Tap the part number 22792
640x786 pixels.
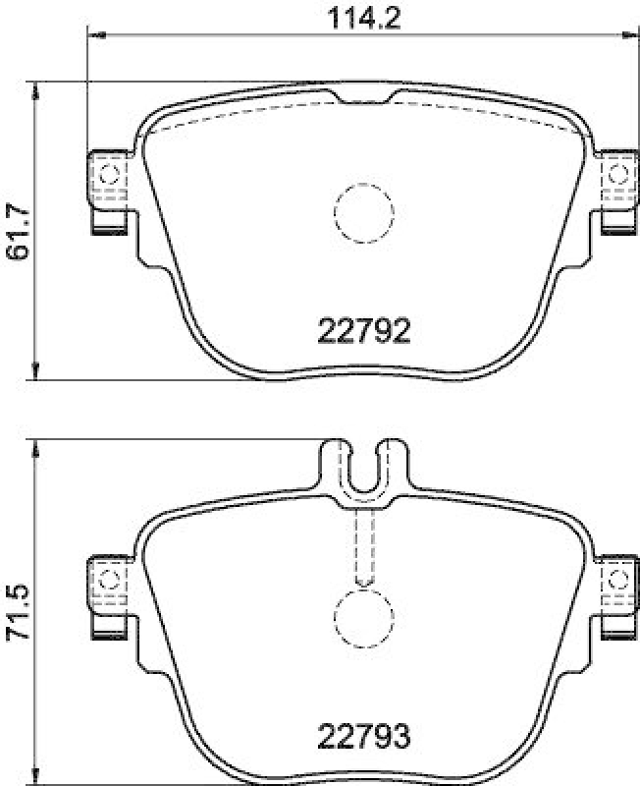[363, 332]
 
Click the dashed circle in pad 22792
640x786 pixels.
[364, 209]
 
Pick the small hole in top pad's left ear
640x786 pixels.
[108, 175]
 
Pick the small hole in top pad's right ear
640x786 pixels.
[617, 175]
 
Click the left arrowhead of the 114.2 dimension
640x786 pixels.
[96, 35]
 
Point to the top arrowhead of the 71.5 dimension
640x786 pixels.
[36, 449]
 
